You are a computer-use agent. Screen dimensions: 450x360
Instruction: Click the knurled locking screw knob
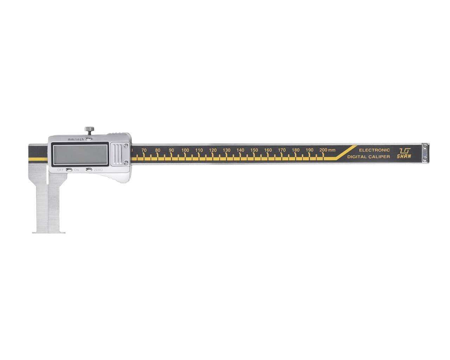[89, 129]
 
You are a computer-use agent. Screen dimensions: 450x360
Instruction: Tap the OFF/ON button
[69, 170]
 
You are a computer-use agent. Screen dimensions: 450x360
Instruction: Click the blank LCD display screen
[80, 155]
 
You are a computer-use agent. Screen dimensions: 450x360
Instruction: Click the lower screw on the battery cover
[126, 162]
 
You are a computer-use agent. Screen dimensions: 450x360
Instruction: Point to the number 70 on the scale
[144, 150]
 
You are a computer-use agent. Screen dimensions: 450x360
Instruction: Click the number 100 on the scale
[185, 150]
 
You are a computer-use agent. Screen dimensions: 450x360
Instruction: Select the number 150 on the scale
[254, 150]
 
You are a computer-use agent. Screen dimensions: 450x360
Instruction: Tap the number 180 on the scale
[295, 150]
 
